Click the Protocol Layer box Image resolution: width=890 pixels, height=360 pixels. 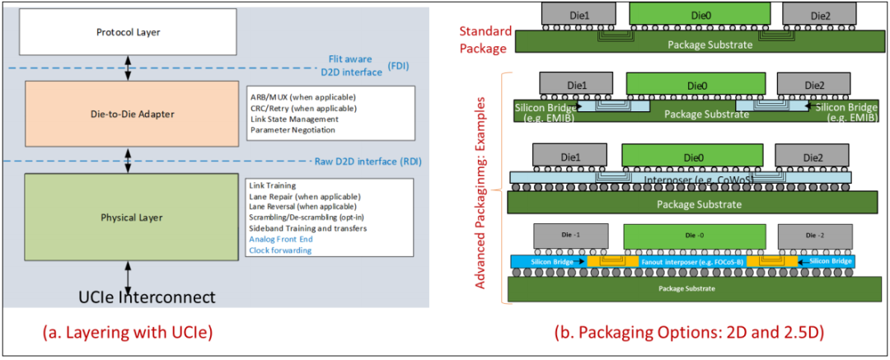pyautogui.click(x=128, y=32)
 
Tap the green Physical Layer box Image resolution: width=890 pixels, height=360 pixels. pyautogui.click(x=128, y=217)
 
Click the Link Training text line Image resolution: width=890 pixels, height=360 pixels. pyautogui.click(x=274, y=185)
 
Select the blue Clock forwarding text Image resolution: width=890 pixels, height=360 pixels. pyautogui.click(x=280, y=250)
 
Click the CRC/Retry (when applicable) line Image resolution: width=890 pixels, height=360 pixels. pyautogui.click(x=302, y=108)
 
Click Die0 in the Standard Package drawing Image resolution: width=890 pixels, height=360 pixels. pyautogui.click(x=700, y=14)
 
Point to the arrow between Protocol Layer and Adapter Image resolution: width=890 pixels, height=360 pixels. pyautogui.click(x=128, y=69)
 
